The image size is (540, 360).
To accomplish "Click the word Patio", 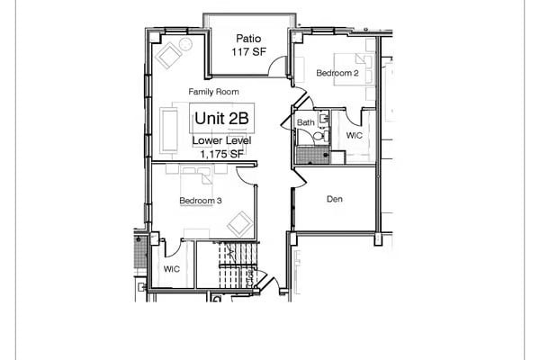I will point(248,38).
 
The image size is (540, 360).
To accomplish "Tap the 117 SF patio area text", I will point(248,52).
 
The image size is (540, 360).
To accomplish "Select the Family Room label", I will point(213,92).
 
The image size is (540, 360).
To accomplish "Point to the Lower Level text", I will point(221,141).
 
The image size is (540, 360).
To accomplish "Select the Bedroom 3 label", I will point(201,200).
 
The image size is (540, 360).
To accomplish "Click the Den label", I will point(336,199).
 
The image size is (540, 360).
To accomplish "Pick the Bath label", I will point(306,121).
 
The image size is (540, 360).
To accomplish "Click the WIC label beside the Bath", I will point(355,135).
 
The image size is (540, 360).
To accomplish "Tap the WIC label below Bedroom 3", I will point(172,269).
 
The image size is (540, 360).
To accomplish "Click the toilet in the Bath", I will point(318,135).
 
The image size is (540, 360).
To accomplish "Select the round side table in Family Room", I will point(185,43).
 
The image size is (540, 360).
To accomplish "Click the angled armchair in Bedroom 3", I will point(240,221).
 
